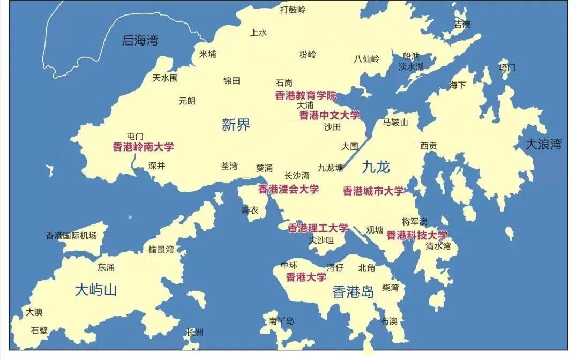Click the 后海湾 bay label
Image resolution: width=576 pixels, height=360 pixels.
140,40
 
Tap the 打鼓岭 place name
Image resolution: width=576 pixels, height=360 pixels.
293,9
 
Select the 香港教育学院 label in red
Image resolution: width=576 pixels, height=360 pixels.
306,96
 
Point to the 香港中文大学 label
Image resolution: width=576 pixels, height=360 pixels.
330,115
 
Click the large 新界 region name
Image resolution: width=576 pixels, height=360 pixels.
236,125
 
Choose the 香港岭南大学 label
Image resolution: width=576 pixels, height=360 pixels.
143,147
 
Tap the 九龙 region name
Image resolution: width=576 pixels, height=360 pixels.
376,167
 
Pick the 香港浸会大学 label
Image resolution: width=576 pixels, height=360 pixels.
288,189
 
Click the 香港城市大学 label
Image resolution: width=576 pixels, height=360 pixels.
373,191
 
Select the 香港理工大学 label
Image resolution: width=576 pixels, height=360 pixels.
318,228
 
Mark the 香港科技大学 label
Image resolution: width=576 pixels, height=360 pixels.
416,235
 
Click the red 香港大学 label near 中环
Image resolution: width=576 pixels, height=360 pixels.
306,277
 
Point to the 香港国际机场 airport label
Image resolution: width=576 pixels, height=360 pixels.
71,236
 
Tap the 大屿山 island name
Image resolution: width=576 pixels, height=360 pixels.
95,290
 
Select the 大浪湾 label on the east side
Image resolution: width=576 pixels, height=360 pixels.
543,144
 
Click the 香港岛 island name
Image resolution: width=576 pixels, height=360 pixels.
353,292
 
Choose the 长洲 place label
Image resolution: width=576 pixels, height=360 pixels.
195,333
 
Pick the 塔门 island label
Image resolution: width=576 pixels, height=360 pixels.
507,67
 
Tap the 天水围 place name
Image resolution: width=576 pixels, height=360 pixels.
165,78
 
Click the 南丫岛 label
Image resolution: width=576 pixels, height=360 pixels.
281,321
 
